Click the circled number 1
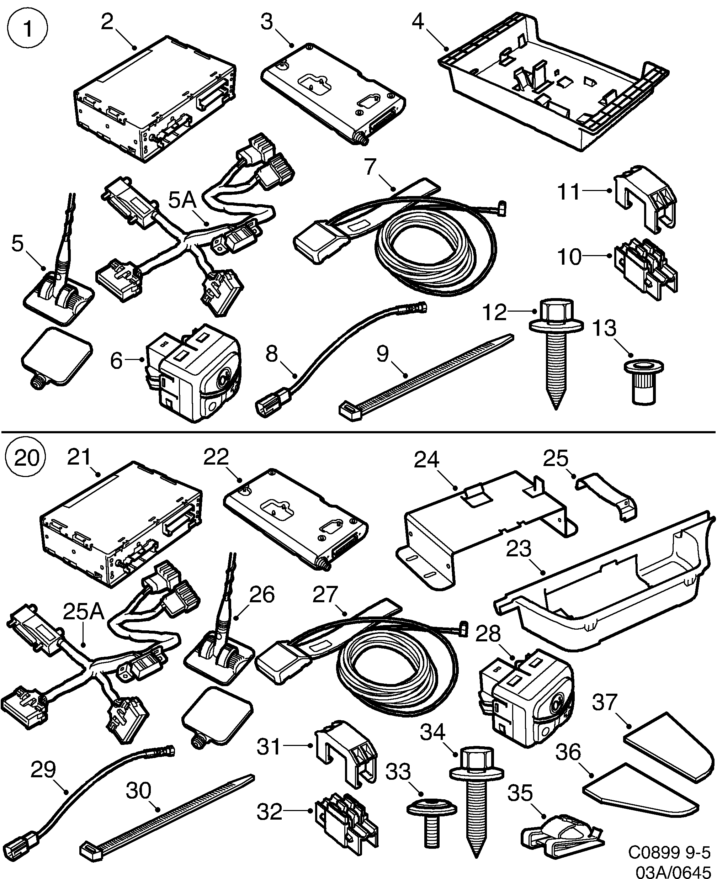[x=28, y=29]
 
